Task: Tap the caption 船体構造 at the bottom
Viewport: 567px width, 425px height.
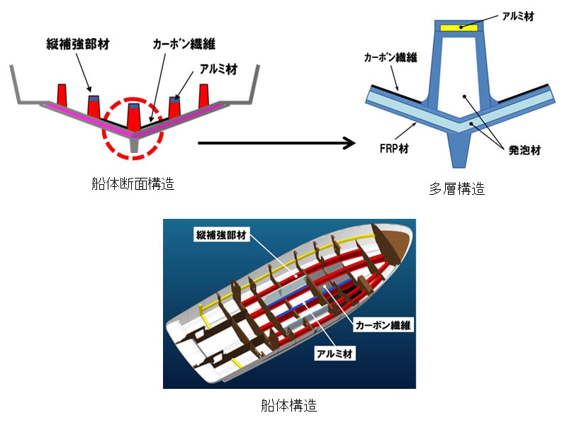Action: (x=288, y=406)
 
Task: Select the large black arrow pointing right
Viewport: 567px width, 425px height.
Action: (x=276, y=144)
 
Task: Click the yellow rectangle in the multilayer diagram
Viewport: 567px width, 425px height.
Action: (x=459, y=28)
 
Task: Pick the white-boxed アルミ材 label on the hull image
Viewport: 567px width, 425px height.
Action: (x=335, y=351)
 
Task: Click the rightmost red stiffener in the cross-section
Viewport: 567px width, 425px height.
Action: (x=205, y=93)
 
